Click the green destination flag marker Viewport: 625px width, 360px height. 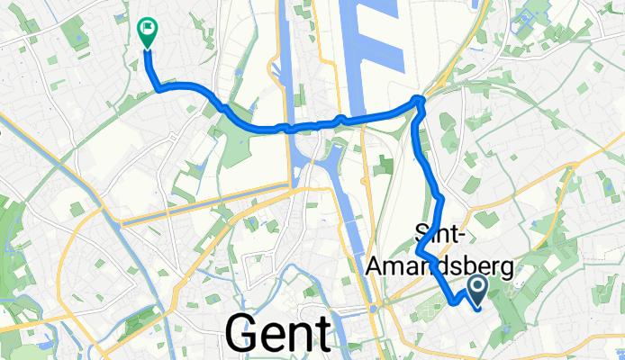146,32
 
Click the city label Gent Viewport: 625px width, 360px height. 277,333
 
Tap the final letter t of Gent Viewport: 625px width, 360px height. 320,334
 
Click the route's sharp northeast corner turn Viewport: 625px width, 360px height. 419,99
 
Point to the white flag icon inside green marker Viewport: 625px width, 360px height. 146,30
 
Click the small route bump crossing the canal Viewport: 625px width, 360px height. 339,118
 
